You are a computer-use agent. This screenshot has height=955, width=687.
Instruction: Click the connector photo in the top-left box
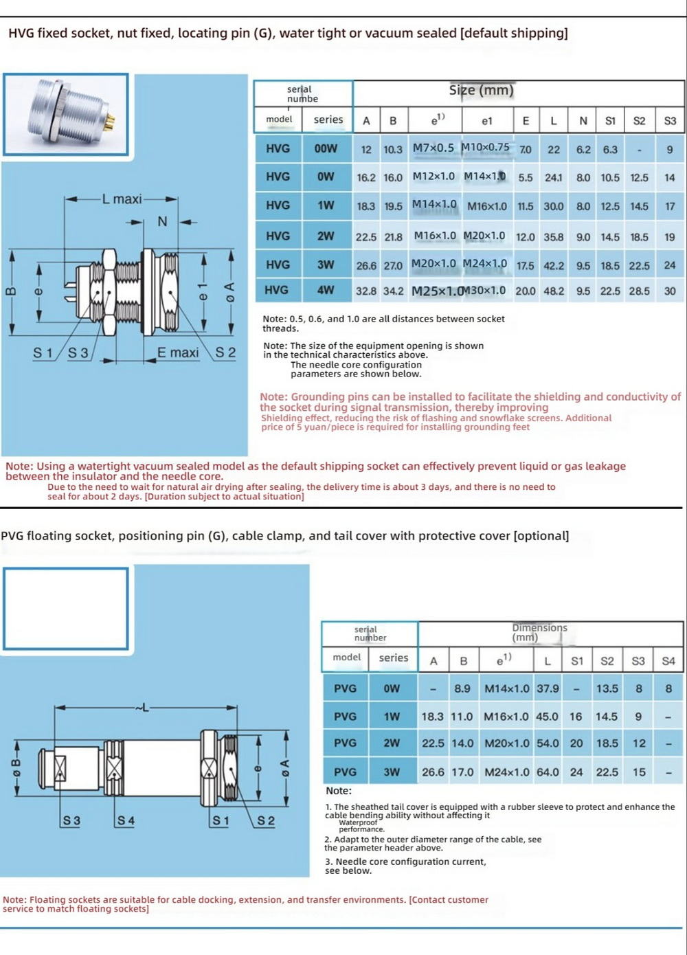point(66,113)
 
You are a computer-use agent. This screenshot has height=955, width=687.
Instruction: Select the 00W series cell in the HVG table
point(326,148)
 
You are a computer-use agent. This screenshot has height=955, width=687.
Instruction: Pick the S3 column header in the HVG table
point(670,121)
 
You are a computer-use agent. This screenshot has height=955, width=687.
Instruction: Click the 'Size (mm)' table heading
point(481,91)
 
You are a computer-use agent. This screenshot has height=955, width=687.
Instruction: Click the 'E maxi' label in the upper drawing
point(178,352)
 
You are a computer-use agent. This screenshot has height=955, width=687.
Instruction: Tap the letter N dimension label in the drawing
point(162,221)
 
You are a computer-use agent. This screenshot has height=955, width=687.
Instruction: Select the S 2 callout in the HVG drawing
point(225,352)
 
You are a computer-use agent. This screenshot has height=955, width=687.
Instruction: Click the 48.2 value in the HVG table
point(554,291)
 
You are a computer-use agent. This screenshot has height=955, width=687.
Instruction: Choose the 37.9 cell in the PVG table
point(548,688)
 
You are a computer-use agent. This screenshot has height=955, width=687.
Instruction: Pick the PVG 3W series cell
point(392,772)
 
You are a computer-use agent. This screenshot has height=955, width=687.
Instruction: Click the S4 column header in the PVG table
point(668,661)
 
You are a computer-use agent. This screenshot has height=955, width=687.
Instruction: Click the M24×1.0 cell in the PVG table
point(507,772)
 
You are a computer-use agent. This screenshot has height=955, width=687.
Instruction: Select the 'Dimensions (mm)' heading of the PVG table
point(539,632)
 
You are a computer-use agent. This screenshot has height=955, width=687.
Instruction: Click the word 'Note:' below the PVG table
point(339,791)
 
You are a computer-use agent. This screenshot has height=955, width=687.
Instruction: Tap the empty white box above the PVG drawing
point(66,608)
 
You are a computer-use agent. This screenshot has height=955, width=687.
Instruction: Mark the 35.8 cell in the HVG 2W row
point(554,237)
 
